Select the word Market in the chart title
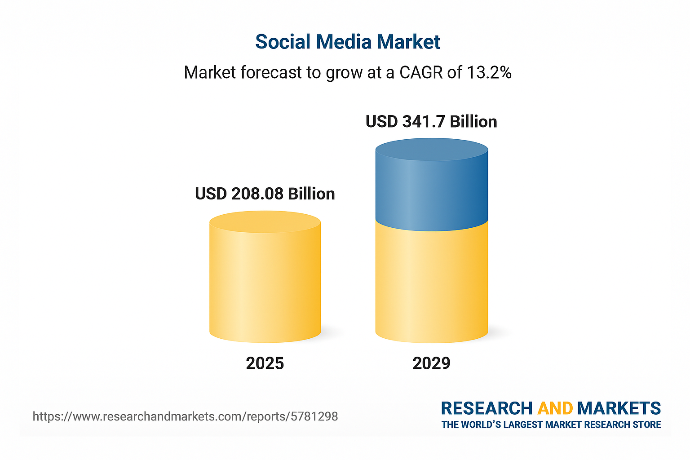pyautogui.click(x=408, y=42)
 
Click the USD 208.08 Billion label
pyautogui.click(x=265, y=194)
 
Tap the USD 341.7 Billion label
pyautogui.click(x=431, y=122)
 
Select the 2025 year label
pyautogui.click(x=265, y=363)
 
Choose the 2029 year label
pyautogui.click(x=431, y=363)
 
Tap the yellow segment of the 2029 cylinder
pyautogui.click(x=431, y=283)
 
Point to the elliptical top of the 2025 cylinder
pyautogui.click(x=265, y=222)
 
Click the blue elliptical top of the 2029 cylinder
pyautogui.click(x=431, y=150)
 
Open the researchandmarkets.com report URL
pyautogui.click(x=185, y=416)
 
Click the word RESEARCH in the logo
pyautogui.click(x=487, y=408)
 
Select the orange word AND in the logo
pyautogui.click(x=555, y=408)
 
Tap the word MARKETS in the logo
pyautogui.click(x=619, y=408)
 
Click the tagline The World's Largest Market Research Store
pyautogui.click(x=551, y=425)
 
